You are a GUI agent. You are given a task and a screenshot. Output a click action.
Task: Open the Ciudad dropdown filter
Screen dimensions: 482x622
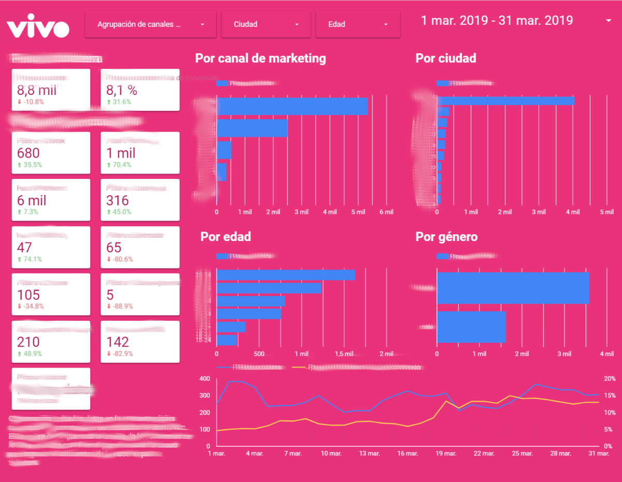tap(266, 24)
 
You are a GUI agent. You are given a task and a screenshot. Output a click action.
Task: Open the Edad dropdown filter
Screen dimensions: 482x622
tap(358, 24)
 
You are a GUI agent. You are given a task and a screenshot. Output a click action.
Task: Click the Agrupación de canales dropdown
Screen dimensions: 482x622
tap(150, 24)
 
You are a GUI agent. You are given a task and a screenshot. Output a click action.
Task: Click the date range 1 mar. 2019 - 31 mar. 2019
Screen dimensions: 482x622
tap(497, 21)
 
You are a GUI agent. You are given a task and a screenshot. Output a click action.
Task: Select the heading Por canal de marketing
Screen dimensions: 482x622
tap(260, 58)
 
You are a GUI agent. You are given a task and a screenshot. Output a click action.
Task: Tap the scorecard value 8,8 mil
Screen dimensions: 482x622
tap(36, 90)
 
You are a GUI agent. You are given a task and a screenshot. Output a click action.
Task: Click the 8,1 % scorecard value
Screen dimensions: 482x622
tap(122, 90)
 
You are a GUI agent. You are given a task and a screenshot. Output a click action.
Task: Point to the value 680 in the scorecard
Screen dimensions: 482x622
tap(28, 153)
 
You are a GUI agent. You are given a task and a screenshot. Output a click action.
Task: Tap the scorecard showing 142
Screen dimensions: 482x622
tap(117, 342)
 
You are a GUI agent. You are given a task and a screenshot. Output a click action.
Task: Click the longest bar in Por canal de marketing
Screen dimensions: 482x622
tap(292, 106)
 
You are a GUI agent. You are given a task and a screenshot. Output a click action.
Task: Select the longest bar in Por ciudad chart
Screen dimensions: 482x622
tap(505, 101)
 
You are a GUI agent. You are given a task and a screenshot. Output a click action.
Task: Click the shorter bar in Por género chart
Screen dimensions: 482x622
tap(471, 327)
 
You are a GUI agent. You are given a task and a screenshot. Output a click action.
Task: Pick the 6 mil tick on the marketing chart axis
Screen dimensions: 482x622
tap(386, 212)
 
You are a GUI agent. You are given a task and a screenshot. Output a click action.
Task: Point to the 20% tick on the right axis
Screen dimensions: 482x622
tap(609, 379)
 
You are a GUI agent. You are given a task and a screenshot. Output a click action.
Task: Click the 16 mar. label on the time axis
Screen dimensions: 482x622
tap(407, 453)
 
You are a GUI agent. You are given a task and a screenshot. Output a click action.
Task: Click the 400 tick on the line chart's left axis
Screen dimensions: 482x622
tap(204, 379)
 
